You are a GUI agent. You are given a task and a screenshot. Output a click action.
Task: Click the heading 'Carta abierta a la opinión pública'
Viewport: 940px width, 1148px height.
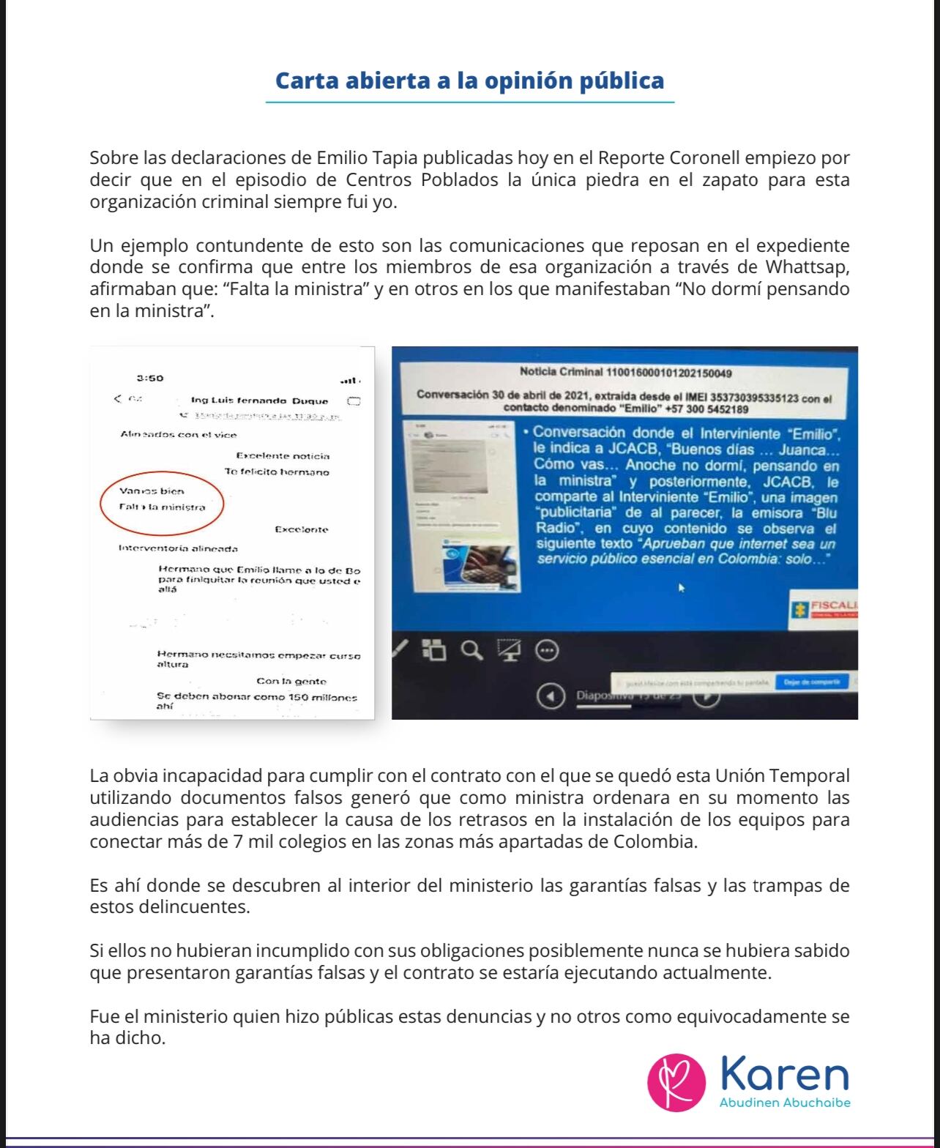tap(469, 81)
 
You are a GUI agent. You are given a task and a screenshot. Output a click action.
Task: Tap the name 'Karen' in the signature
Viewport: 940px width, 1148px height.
tap(785, 1074)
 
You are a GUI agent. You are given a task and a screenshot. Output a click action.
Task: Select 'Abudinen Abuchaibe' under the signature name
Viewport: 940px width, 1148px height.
tap(785, 1103)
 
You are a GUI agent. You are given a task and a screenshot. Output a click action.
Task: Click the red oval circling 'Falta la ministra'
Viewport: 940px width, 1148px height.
tap(163, 499)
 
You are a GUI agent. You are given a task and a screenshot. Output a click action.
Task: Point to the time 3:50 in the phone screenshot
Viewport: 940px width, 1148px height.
tap(150, 378)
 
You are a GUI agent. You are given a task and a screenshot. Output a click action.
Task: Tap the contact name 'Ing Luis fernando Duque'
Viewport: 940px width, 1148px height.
tap(259, 400)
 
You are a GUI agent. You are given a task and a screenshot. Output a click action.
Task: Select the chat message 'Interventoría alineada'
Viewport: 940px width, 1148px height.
tap(178, 548)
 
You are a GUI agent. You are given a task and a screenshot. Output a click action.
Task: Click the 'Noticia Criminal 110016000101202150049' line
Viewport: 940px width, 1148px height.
tap(625, 372)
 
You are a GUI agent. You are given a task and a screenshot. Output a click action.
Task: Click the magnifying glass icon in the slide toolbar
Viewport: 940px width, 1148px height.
tap(472, 649)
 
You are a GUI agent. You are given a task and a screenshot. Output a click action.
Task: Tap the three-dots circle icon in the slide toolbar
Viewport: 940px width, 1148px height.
tap(547, 649)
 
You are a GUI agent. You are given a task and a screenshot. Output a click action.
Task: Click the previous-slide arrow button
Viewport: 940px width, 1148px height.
tap(551, 696)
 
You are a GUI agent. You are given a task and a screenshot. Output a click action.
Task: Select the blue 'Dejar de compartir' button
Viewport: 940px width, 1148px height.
tap(811, 682)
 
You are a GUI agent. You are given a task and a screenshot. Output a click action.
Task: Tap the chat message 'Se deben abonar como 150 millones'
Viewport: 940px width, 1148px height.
tap(256, 697)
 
